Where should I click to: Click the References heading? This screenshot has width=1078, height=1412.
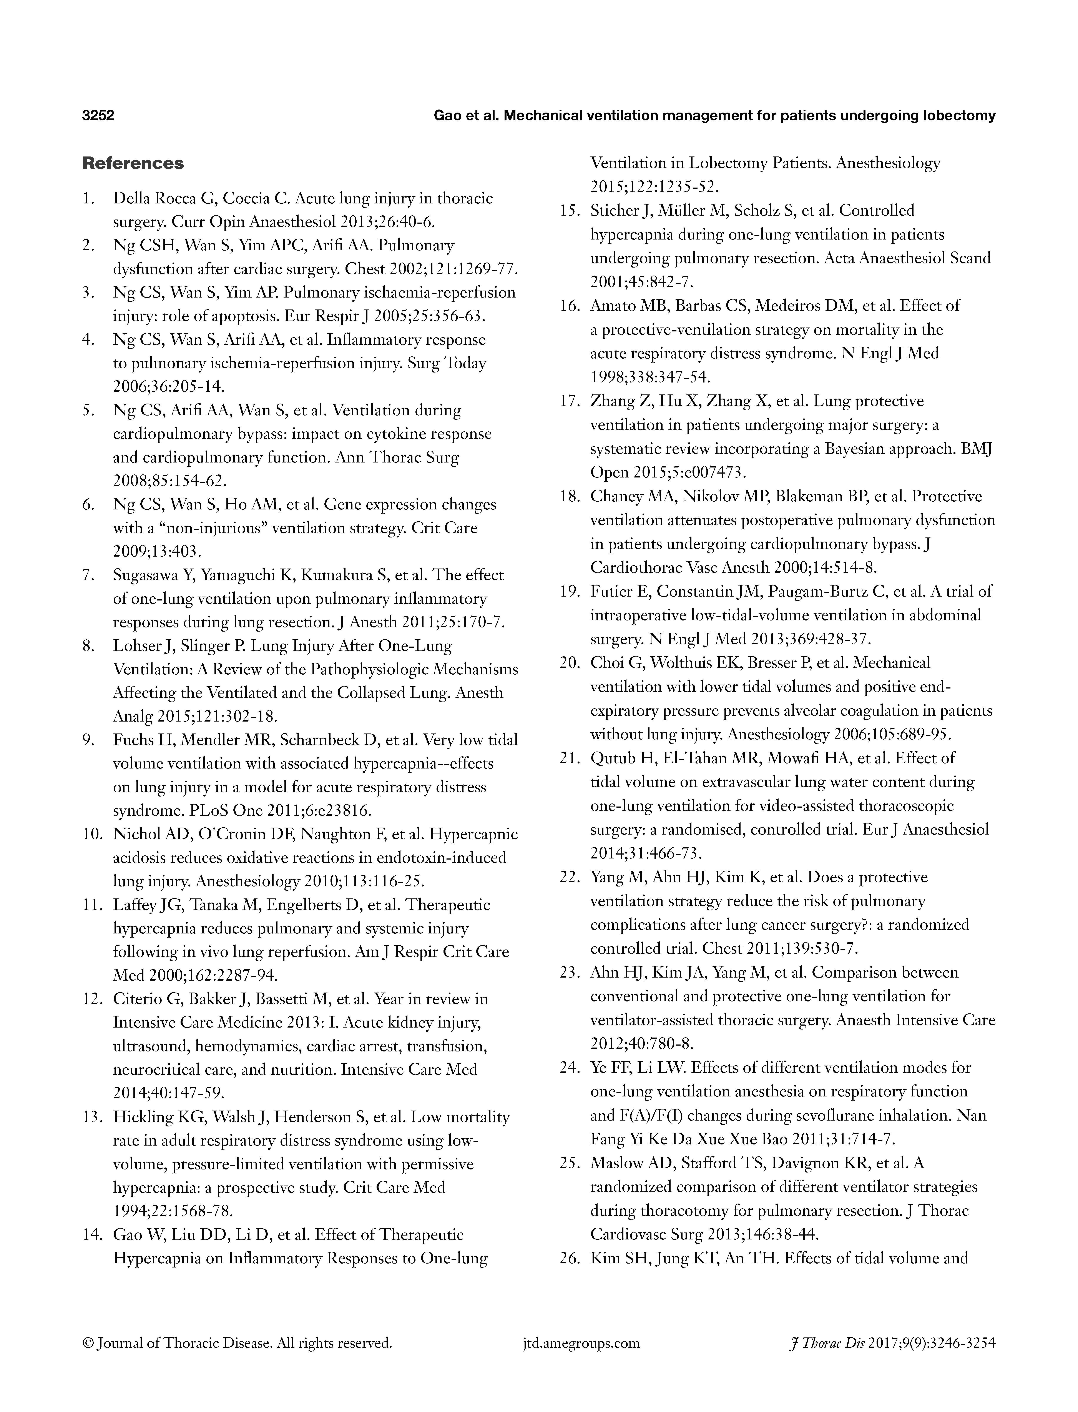tap(133, 164)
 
